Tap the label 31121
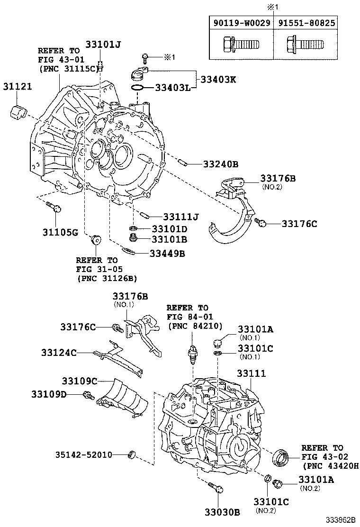coord(18,87)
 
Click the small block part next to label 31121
coord(18,114)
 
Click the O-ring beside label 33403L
coord(137,88)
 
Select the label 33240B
coord(220,164)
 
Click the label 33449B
coord(167,254)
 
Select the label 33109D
coord(49,394)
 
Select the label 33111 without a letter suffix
coord(252,374)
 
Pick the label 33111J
coord(180,217)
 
